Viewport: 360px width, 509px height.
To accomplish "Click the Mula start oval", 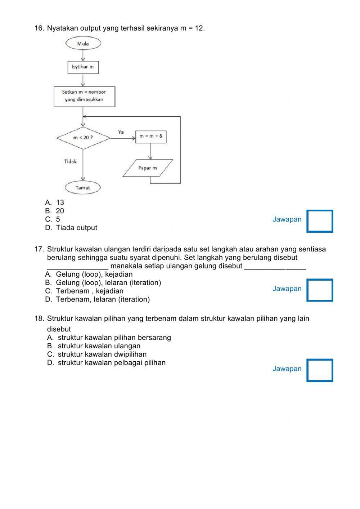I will tap(83, 44).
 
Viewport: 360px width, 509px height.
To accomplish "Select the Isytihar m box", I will tap(83, 67).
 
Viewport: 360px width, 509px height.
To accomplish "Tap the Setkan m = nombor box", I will tap(84, 96).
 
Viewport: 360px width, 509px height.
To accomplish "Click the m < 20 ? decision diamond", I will tap(83, 138).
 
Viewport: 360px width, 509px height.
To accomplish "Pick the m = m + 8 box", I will tap(151, 136).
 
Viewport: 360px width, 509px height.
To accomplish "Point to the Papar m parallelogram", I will tap(148, 168).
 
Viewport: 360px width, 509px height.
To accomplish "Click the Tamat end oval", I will tap(83, 188).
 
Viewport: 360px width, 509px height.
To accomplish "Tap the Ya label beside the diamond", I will tap(121, 132).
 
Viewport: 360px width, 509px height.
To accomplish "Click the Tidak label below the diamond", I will tap(71, 161).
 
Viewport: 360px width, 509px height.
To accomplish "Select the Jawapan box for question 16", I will tap(320, 221).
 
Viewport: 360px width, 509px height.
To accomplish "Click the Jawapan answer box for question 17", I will tap(320, 290).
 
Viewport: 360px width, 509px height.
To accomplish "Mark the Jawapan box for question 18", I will tap(320, 370).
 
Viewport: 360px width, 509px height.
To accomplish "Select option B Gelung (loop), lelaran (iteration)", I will tap(103, 283).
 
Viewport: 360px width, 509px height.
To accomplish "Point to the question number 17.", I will tap(39, 249).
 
